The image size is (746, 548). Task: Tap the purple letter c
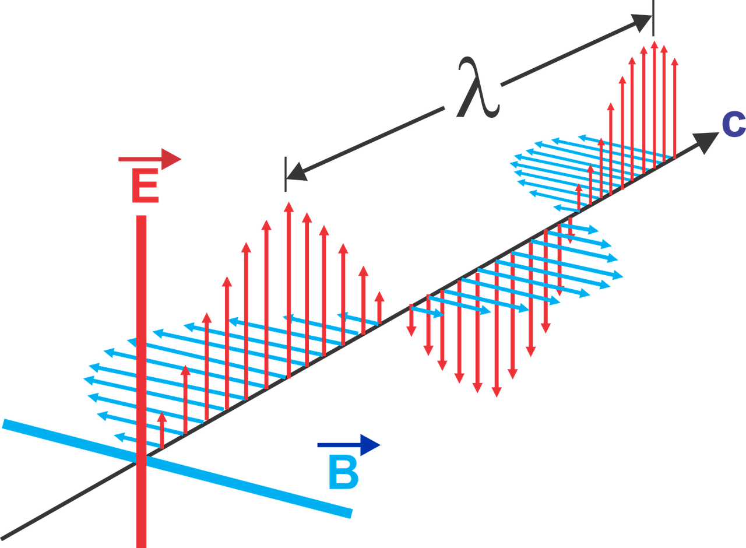point(733,125)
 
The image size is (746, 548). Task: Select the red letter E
point(145,185)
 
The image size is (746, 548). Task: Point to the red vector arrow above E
point(150,159)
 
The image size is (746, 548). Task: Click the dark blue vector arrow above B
point(349,445)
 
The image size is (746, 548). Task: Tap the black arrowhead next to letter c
point(705,142)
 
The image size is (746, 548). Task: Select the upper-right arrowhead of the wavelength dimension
point(642,23)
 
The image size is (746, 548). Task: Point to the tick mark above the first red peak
point(286,174)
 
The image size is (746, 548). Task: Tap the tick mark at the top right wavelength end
point(653,18)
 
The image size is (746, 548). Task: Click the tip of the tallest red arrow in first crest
point(288,202)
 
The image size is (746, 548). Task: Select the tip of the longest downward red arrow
point(497,397)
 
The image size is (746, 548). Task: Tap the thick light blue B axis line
point(177,469)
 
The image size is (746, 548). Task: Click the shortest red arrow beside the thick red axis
point(162,430)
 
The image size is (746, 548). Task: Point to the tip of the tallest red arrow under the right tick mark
point(654,41)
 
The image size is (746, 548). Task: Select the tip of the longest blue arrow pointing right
point(623,276)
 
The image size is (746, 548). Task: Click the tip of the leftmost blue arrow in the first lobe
point(83,379)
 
